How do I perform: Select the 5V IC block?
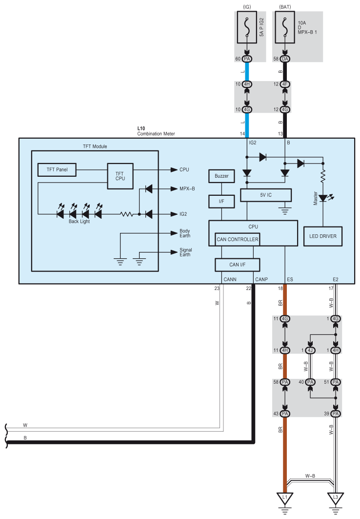click(266, 195)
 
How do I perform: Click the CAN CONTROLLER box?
click(237, 239)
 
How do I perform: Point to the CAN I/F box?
click(237, 265)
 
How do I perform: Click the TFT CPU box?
click(120, 176)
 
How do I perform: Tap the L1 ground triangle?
click(285, 498)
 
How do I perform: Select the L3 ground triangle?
click(335, 498)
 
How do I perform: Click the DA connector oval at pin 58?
click(285, 59)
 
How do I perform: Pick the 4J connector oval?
click(310, 350)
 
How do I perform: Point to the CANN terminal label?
click(230, 280)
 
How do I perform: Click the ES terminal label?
click(290, 280)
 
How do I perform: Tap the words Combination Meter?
click(156, 133)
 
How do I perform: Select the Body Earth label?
click(185, 233)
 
